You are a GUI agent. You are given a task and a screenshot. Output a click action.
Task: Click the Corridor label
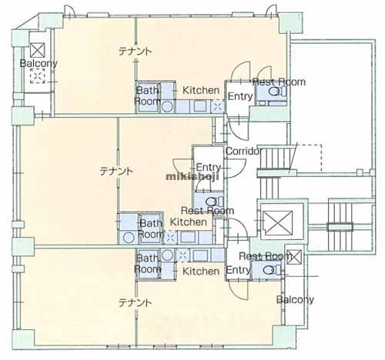point(243,151)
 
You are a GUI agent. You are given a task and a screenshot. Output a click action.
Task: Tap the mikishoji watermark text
point(192,177)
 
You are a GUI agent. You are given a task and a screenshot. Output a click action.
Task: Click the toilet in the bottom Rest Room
point(272,269)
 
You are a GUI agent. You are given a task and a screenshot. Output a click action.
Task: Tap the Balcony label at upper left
point(38,63)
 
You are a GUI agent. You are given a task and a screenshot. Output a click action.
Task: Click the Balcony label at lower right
point(295,299)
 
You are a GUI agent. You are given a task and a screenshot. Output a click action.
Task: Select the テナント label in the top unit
point(135,52)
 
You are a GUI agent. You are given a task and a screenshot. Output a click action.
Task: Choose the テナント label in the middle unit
point(116,171)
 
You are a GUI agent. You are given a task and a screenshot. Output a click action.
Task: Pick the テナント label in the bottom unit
point(135,303)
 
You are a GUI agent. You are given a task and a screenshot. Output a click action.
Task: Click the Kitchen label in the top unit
point(201,90)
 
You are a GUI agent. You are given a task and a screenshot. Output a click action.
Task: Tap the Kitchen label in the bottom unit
point(201,272)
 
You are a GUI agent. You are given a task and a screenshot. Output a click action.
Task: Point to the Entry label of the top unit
point(240,96)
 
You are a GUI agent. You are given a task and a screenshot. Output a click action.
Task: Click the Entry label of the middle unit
point(208,168)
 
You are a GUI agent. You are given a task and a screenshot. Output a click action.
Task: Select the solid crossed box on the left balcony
point(38,50)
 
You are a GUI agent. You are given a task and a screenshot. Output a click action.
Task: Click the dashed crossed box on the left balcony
point(38,75)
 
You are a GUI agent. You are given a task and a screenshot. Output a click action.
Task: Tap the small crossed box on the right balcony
point(294,257)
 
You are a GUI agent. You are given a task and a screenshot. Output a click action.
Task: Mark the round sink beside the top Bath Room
point(167,106)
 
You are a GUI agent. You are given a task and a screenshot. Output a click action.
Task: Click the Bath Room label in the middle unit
point(151,228)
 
